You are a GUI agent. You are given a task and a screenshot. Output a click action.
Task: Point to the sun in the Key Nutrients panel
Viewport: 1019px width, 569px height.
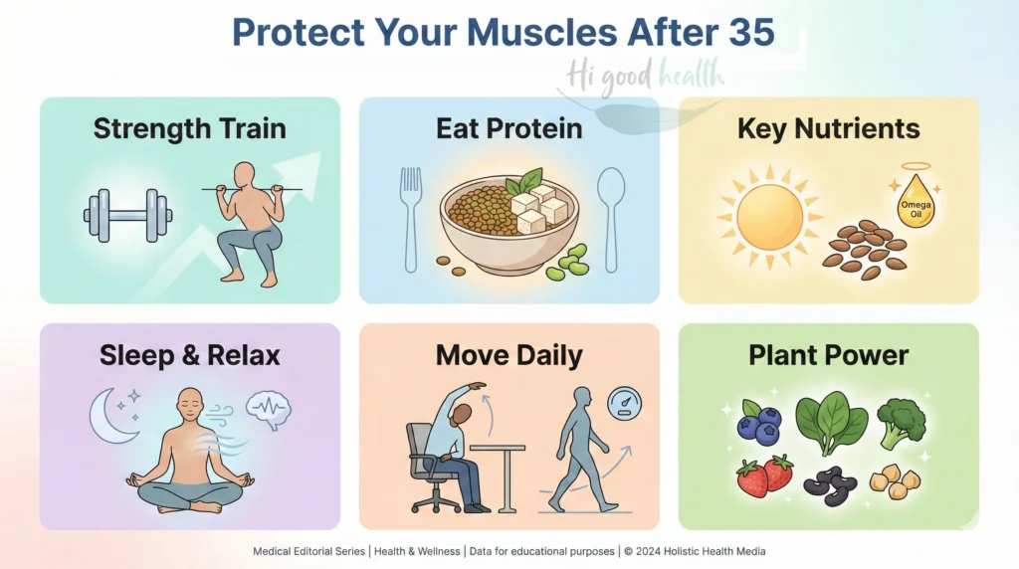click(769, 213)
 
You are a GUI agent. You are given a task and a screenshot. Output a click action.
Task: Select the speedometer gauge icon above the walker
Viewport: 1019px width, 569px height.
click(624, 403)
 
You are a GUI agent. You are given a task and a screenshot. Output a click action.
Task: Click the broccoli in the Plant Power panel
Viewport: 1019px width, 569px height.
click(902, 423)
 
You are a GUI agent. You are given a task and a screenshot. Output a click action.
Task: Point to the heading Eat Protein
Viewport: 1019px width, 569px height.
click(509, 128)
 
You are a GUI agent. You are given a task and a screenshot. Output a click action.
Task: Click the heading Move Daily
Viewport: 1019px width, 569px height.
click(509, 355)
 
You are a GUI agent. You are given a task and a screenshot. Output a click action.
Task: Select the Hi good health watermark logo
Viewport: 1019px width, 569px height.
click(646, 77)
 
